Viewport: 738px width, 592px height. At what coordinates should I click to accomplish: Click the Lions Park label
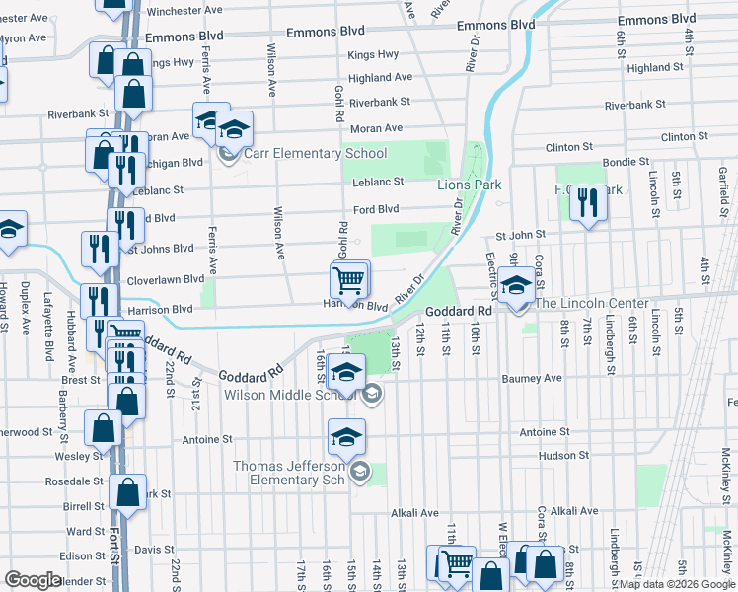[470, 185]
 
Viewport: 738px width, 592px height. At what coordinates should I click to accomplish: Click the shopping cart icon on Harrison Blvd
[349, 280]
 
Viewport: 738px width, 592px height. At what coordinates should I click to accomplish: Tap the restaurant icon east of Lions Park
[588, 205]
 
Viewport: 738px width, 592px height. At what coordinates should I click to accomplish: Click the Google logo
[33, 580]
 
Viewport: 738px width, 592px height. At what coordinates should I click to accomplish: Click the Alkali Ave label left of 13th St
[413, 513]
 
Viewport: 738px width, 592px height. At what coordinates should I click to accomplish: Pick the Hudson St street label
[563, 455]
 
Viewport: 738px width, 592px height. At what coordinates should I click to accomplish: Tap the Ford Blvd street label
[376, 209]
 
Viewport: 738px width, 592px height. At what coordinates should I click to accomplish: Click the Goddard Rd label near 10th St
[459, 311]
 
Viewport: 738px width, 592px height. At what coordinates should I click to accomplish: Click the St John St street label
[520, 236]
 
